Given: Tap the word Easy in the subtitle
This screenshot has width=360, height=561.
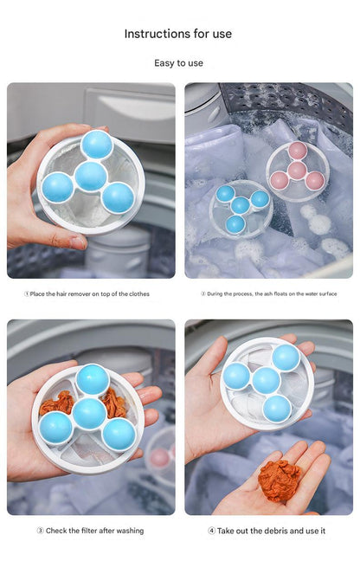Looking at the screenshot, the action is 164,63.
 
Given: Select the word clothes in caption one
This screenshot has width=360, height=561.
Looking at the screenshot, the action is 139,294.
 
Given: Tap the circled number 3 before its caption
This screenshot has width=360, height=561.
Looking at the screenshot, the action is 41,531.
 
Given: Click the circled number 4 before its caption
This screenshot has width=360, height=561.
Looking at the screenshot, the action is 212,531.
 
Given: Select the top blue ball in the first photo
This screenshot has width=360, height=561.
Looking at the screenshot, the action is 97,145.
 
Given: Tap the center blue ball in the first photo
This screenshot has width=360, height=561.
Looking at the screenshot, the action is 91,177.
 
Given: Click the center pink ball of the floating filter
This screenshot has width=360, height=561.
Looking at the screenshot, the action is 297,171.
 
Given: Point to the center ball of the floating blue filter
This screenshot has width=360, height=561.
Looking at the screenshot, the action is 240,205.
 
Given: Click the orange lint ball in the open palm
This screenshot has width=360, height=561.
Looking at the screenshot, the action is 280,480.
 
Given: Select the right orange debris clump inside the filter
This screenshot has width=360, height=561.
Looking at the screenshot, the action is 113,403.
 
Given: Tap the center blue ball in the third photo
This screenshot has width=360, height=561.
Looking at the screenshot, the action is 89,414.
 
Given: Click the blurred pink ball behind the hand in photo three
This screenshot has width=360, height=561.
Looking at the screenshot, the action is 159,458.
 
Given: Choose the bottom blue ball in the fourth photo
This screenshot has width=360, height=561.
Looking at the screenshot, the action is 277,409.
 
